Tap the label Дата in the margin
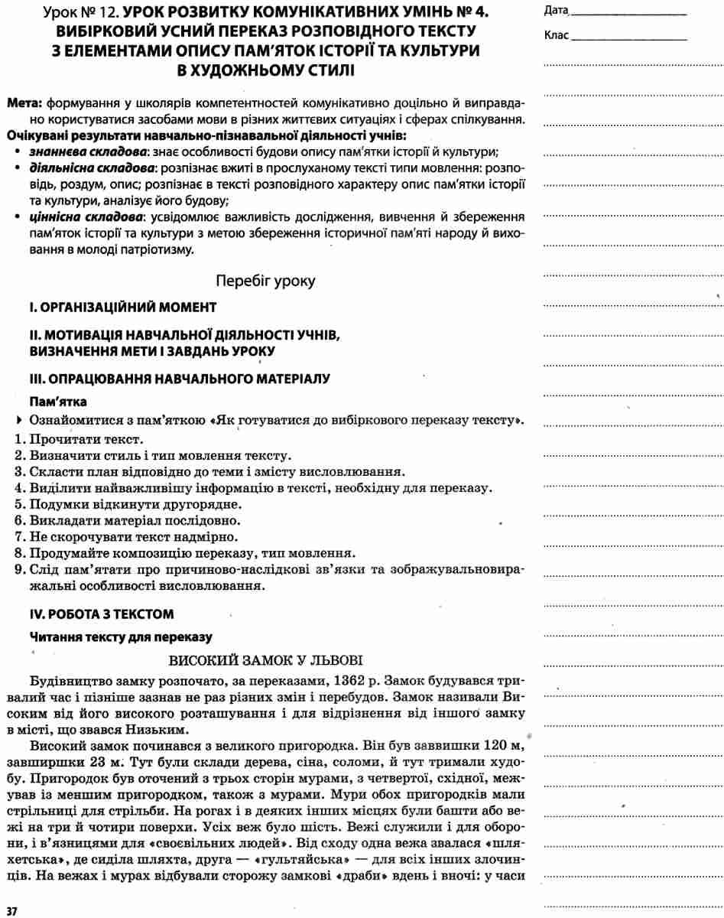(556, 11)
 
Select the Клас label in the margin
(557, 36)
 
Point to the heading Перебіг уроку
(265, 281)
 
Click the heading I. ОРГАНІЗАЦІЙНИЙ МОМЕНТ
(123, 308)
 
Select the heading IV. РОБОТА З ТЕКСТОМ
(102, 614)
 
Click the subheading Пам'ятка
(58, 401)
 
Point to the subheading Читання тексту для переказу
(120, 636)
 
